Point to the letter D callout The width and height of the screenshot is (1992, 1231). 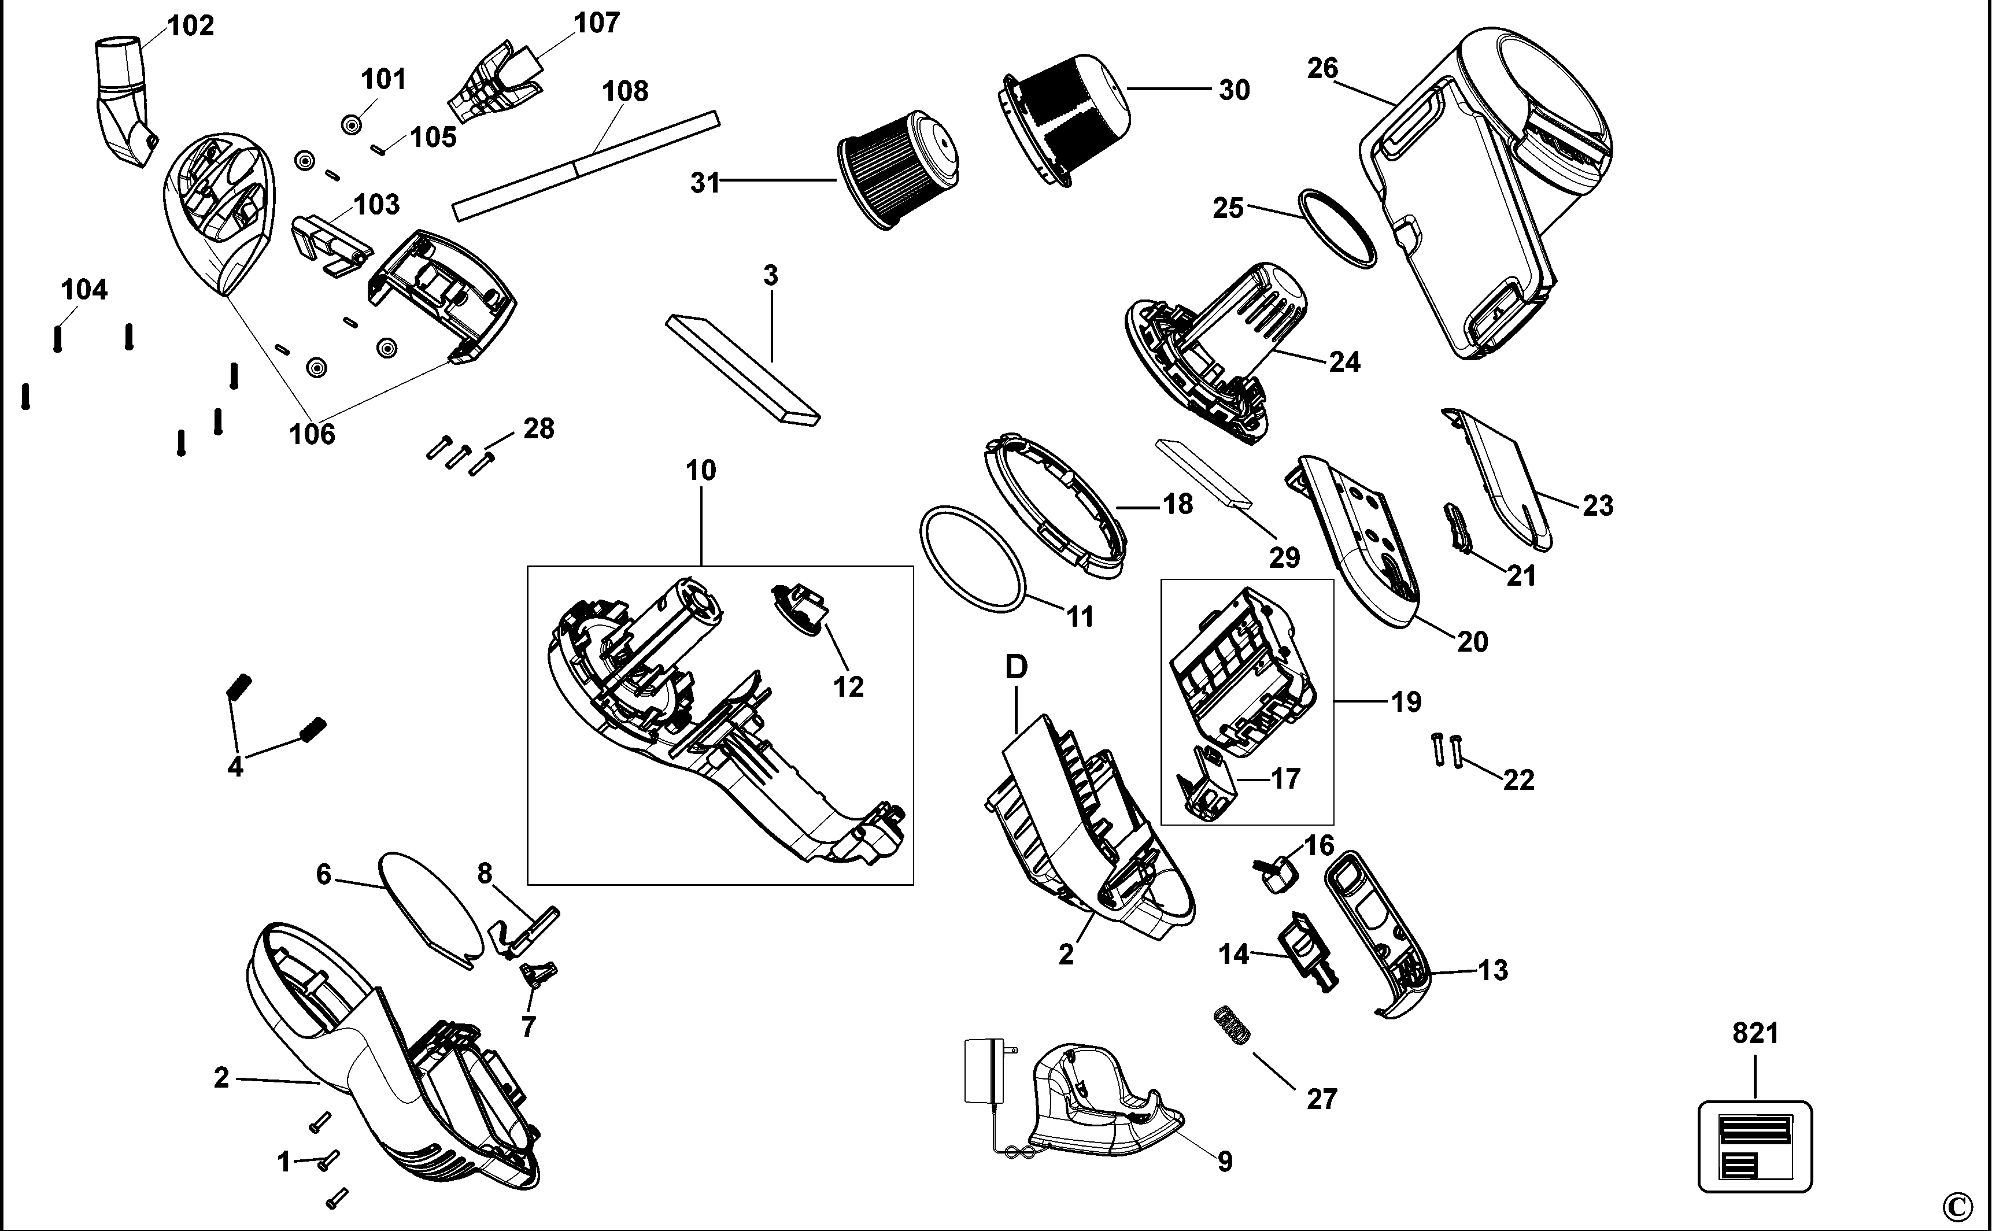pyautogui.click(x=1016, y=668)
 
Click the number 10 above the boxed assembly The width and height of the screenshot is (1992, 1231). pyautogui.click(x=701, y=471)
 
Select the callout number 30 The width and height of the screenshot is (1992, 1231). pyautogui.click(x=1234, y=90)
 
